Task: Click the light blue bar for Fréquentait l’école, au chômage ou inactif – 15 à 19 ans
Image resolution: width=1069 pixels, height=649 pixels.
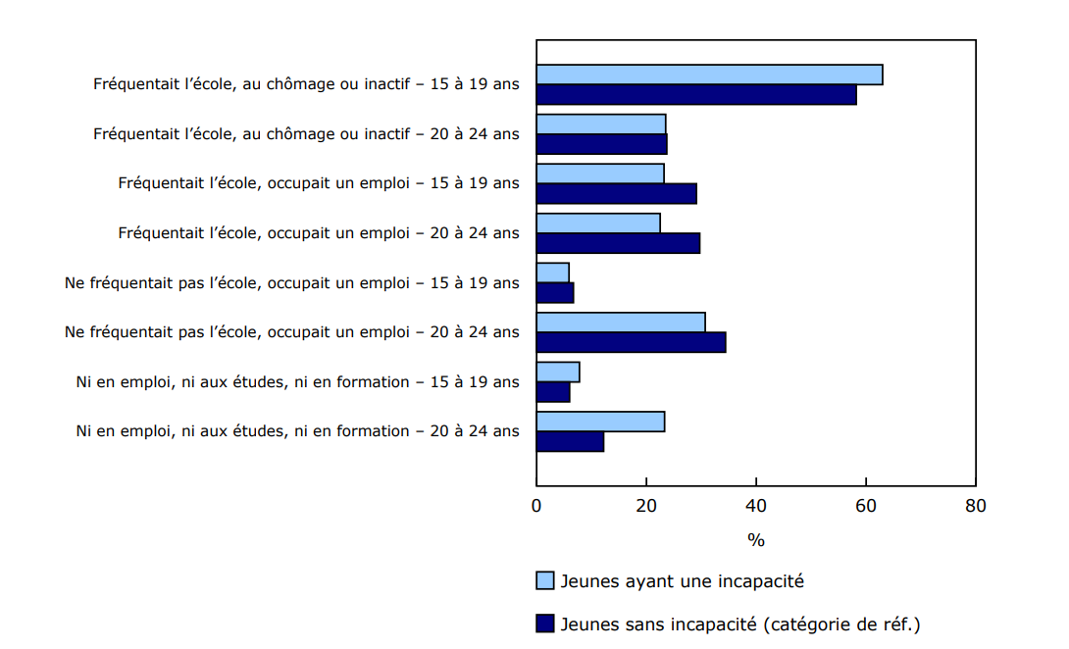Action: coord(709,75)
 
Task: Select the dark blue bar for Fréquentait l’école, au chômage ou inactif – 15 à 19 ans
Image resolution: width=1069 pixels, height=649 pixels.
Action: coord(696,95)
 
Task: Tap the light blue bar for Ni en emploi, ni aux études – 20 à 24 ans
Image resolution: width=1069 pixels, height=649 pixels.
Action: coord(600,422)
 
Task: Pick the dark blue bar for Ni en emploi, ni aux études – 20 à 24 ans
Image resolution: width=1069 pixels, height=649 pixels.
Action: coord(570,442)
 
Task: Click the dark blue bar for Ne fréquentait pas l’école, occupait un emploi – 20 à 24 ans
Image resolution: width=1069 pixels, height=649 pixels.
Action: coord(631,342)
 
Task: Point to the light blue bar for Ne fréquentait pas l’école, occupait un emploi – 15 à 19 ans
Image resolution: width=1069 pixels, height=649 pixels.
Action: coord(552,272)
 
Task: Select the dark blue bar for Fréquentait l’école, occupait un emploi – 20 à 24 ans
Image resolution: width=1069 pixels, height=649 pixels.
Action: coord(618,243)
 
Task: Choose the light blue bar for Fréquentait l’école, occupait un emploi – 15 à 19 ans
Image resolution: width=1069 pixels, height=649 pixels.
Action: coord(600,174)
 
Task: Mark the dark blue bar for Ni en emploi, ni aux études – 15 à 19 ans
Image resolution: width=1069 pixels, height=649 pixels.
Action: coord(553,392)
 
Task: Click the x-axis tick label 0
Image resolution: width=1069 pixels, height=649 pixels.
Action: coord(536,506)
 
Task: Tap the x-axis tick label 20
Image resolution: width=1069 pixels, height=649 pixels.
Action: coord(646,506)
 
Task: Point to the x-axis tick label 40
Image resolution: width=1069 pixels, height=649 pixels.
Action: coord(756,506)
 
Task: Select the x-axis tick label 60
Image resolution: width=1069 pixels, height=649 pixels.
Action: coord(866,506)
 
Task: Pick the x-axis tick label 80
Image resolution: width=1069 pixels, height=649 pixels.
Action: coord(975,506)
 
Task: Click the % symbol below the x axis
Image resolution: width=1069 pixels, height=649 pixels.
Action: coord(756,540)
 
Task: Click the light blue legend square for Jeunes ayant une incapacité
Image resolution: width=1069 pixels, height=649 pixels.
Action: coord(545,580)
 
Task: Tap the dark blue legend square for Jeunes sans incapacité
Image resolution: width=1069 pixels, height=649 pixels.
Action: coord(545,624)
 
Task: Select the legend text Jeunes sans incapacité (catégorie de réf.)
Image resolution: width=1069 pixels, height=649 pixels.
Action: coord(740,624)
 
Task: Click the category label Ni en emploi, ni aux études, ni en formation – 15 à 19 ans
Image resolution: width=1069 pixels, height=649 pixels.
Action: coord(298,382)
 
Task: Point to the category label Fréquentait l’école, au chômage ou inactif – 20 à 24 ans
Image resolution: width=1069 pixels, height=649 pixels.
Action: coord(306,133)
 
